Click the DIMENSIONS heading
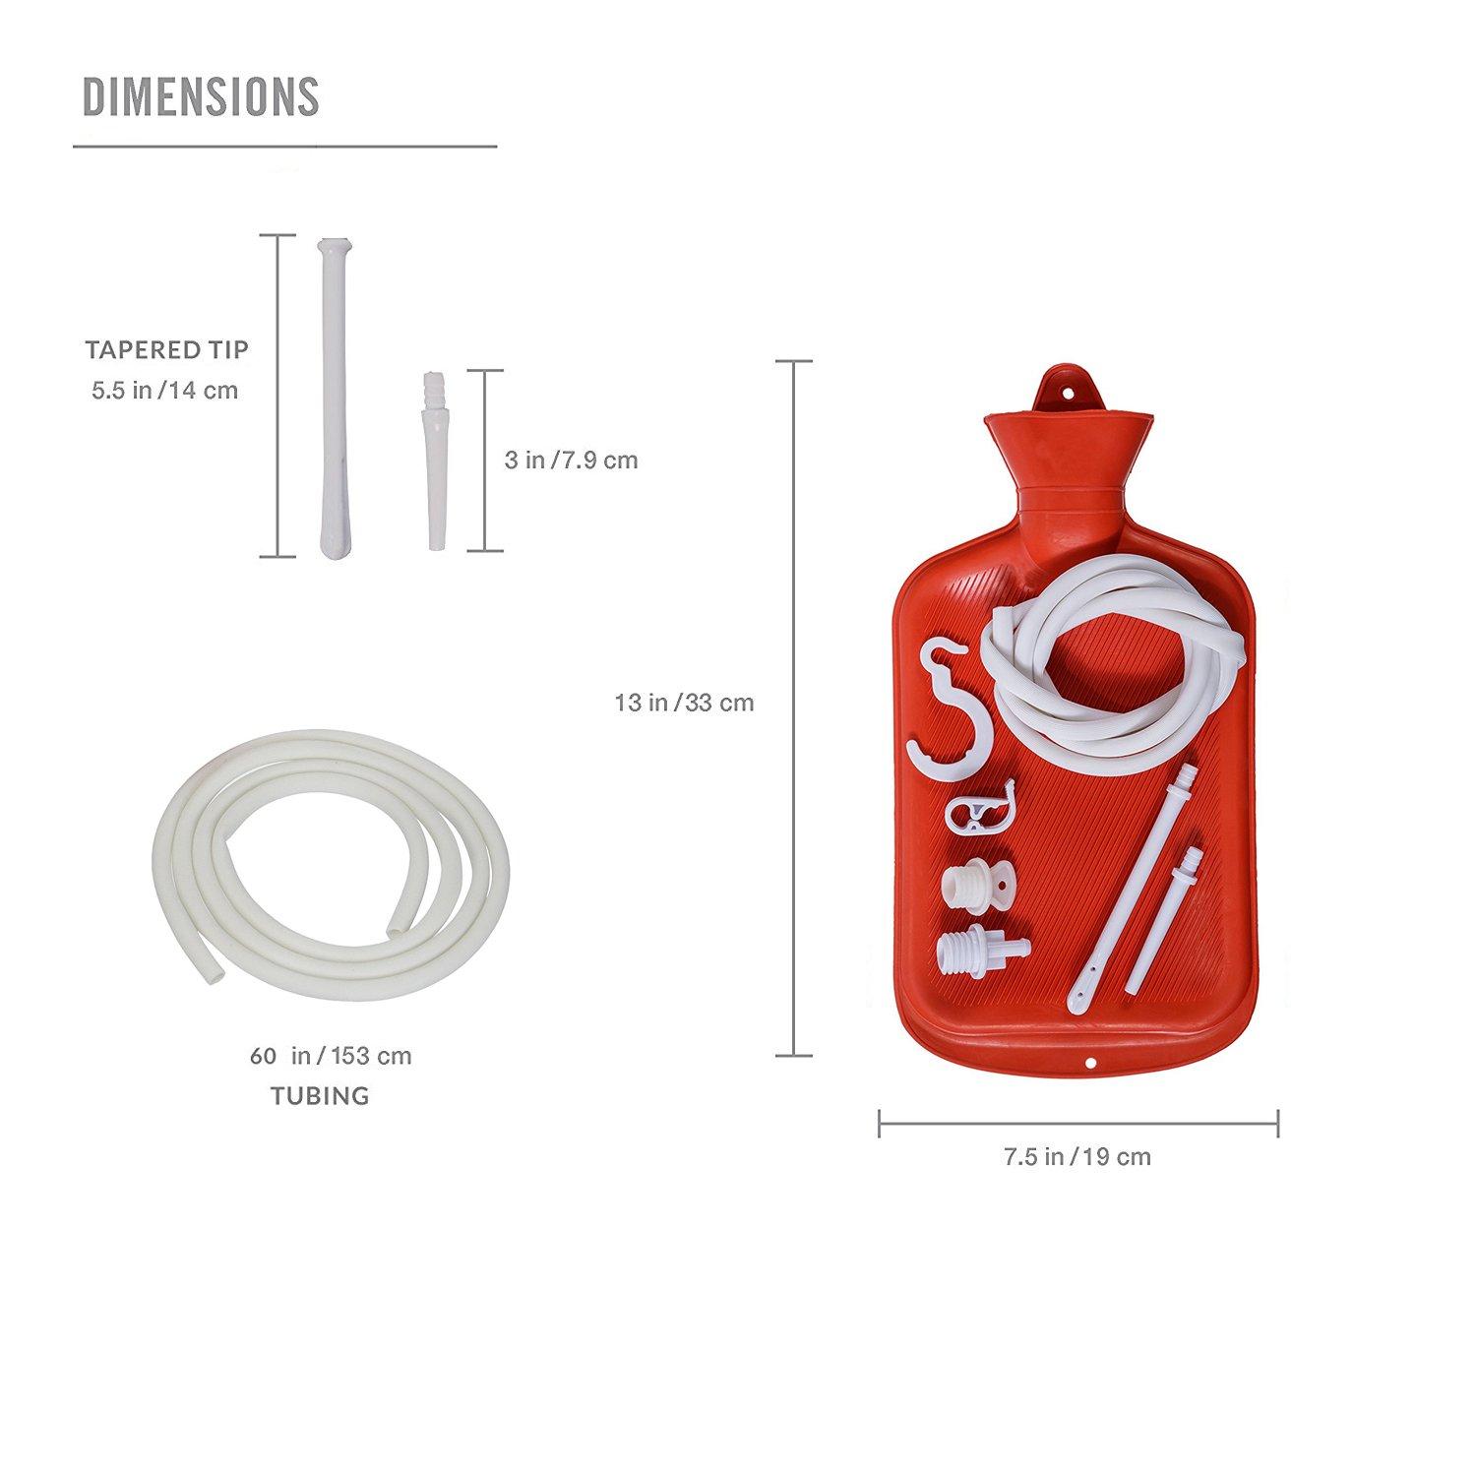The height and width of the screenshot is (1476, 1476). coord(201,96)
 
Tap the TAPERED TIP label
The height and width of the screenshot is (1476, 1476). coord(166,349)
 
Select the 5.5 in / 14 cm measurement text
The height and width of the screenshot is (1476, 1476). coord(164,391)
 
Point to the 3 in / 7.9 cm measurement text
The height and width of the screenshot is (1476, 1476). coord(571,460)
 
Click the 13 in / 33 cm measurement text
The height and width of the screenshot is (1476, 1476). coord(684,703)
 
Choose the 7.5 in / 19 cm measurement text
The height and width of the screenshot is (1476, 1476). coord(1076,1156)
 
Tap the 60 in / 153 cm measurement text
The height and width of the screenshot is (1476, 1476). coord(331,1056)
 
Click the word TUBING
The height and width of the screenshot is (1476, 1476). coord(320,1095)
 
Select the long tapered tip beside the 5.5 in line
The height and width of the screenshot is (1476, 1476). coord(327,394)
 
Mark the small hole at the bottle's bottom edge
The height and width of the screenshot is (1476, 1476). coord(1089,1063)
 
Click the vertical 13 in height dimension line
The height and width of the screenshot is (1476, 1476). coord(794,708)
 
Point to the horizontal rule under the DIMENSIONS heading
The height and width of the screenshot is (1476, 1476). coord(284,147)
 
